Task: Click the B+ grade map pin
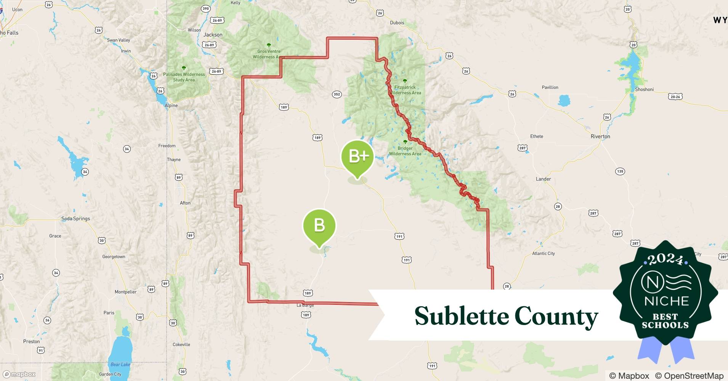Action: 357,156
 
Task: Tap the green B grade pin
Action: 319,226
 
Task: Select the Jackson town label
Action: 213,35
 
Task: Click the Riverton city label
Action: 600,136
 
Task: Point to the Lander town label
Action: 543,179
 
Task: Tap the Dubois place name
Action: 397,22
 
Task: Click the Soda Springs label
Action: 75,219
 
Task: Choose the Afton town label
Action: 185,203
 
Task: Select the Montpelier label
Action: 125,292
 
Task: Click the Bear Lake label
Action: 120,365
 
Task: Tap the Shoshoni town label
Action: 644,90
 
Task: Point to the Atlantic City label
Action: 543,253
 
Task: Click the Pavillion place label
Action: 550,87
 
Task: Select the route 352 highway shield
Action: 337,94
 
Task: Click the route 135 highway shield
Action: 620,171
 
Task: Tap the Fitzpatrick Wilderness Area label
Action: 405,90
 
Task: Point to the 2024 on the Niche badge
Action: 665,259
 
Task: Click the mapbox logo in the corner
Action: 19,374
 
